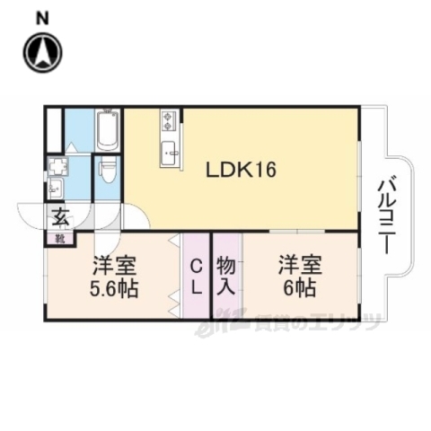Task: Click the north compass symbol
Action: coord(41,53)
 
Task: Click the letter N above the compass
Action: coord(41,16)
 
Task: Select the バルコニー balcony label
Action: coord(388,215)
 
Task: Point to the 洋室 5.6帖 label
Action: coord(113,277)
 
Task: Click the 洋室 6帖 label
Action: coord(296,277)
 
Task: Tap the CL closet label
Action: coord(195,277)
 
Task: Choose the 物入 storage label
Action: coord(225,277)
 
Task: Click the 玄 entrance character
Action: coord(59,216)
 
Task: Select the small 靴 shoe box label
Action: coord(59,239)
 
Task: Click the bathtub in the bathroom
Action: coord(107,131)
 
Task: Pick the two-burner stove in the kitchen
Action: coord(170,121)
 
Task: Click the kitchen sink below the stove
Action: coord(170,154)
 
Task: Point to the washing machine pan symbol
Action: coord(58,166)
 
